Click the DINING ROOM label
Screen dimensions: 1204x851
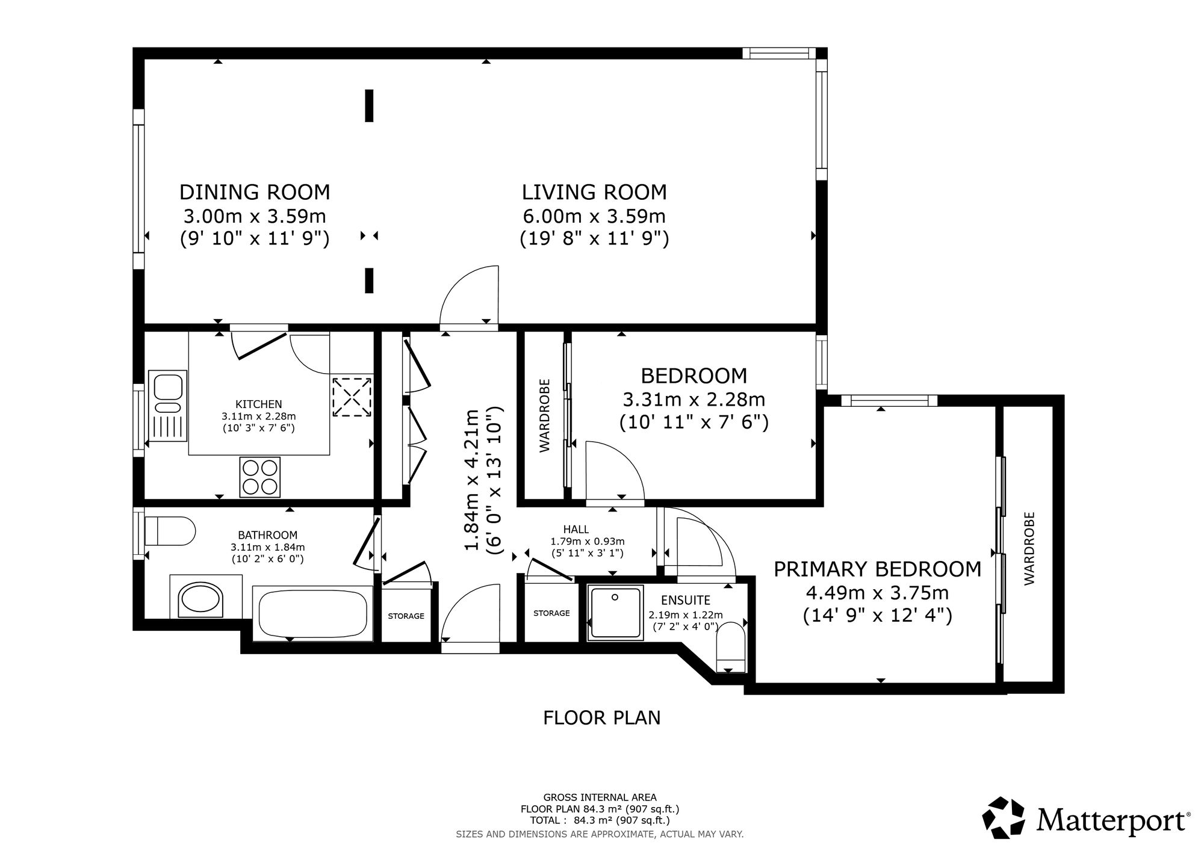click(255, 192)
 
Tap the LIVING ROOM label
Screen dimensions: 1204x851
click(594, 192)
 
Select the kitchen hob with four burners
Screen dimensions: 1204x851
click(260, 477)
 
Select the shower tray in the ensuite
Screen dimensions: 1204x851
click(615, 613)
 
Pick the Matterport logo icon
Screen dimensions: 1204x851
click(1004, 817)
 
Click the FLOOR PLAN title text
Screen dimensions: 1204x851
click(602, 717)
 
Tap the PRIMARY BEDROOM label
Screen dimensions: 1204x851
click(878, 569)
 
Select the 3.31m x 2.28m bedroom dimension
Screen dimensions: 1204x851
click(694, 399)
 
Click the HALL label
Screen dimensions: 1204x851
click(576, 529)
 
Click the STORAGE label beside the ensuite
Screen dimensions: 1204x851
click(551, 613)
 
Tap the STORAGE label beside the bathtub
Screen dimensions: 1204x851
click(406, 616)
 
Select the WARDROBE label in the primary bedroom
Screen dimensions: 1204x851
click(1029, 548)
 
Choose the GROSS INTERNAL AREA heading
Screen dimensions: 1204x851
click(600, 797)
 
